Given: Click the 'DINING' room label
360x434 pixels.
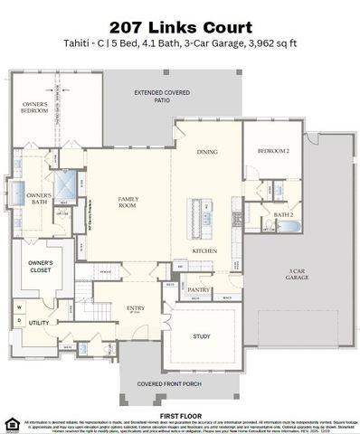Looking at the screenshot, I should point(207,152).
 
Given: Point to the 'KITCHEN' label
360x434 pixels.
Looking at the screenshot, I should point(204,250).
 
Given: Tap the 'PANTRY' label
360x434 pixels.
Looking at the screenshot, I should point(199,289).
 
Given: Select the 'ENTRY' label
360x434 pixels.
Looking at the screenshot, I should point(136,308).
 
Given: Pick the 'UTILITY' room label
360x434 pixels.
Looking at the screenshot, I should point(39,322).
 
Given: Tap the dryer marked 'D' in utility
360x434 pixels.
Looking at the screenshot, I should point(18,321).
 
